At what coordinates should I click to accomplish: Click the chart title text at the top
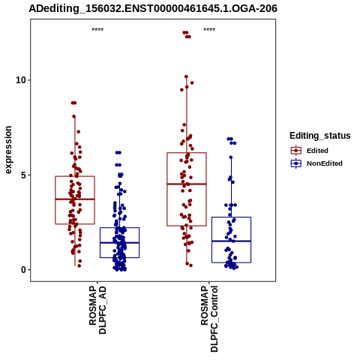pos(153,8)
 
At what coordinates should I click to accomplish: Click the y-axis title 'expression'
pos(8,150)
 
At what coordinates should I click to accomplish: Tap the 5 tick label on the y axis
pos(24,175)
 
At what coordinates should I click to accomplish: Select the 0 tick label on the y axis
pos(24,270)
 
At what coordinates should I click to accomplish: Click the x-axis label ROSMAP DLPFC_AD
pos(97,310)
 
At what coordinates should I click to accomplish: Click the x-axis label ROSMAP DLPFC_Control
pos(209,319)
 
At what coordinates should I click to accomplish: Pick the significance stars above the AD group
pos(97,29)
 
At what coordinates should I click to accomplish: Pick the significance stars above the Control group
pos(209,29)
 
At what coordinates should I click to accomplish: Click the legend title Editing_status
pos(320,136)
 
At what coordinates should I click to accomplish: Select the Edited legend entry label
pos(317,151)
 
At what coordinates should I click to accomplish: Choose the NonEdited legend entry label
pos(325,163)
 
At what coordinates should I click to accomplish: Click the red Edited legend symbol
pos(296,151)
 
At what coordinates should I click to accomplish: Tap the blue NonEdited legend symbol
pos(296,163)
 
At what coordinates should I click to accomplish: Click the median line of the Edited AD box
pos(75,199)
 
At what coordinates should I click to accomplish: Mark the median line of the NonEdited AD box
pos(119,243)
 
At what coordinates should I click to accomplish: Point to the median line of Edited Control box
pos(187,184)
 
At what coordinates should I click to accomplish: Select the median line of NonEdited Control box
pos(231,241)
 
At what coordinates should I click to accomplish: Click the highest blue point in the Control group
pos(229,139)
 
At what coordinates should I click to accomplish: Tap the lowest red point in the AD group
pos(79,265)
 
